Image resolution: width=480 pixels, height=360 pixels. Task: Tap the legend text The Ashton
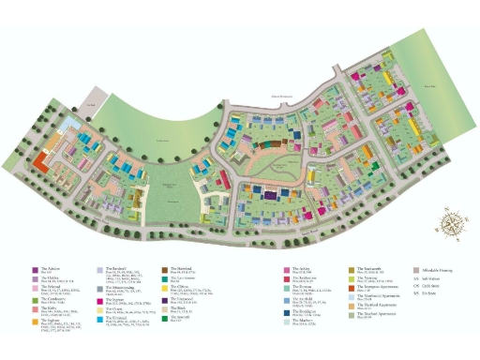click(x=52, y=268)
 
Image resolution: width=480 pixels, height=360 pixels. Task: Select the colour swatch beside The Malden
click(x=34, y=277)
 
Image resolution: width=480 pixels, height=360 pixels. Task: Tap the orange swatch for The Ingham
click(x=34, y=322)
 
